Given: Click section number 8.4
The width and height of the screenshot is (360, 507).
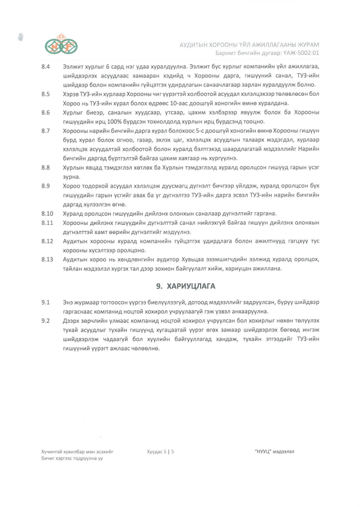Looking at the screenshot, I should point(46,67).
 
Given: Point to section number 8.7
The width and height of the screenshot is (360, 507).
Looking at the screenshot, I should point(46,131).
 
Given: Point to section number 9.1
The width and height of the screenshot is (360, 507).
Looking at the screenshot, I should point(46,302).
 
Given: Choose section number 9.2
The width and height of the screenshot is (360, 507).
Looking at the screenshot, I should point(46,321).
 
